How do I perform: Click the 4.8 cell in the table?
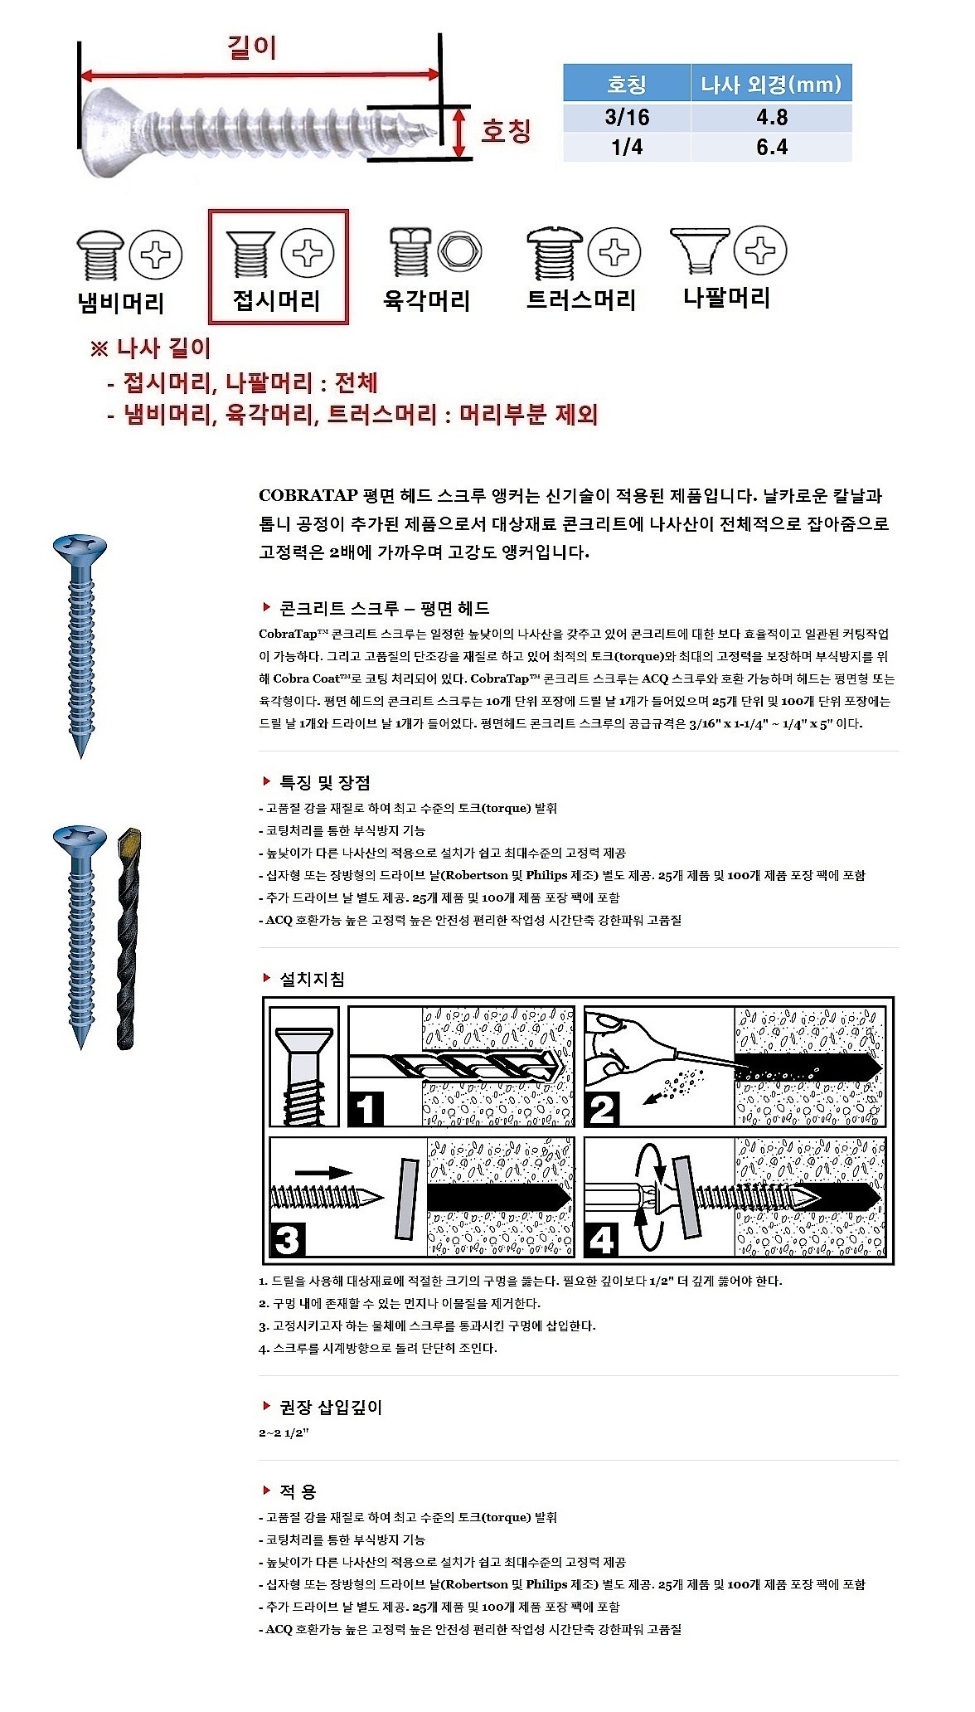pyautogui.click(x=771, y=117)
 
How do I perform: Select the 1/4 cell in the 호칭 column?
pyautogui.click(x=627, y=147)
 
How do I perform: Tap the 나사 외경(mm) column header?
pyautogui.click(x=771, y=84)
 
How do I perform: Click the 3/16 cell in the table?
pyautogui.click(x=627, y=117)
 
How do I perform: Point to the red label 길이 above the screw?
pyautogui.click(x=252, y=47)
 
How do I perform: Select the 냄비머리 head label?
pyautogui.click(x=121, y=303)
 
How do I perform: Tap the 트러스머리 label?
pyautogui.click(x=580, y=299)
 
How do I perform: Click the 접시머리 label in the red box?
pyautogui.click(x=276, y=300)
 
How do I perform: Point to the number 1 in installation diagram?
pyautogui.click(x=366, y=1109)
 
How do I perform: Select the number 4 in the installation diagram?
pyautogui.click(x=603, y=1240)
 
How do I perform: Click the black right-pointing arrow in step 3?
pyautogui.click(x=323, y=1172)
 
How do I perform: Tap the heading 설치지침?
pyautogui.click(x=312, y=979)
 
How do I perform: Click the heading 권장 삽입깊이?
pyautogui.click(x=331, y=1407)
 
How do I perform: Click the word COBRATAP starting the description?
pyautogui.click(x=308, y=496)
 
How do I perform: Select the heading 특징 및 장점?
pyautogui.click(x=324, y=782)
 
